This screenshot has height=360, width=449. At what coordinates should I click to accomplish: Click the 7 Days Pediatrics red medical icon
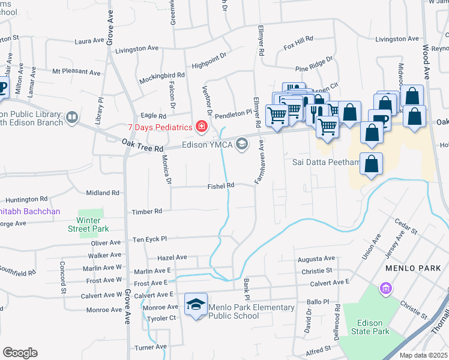(202, 127)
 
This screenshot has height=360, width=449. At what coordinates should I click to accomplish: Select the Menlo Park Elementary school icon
(195, 306)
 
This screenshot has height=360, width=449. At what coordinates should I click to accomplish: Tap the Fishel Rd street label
(220, 186)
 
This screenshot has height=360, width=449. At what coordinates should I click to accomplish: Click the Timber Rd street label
(148, 211)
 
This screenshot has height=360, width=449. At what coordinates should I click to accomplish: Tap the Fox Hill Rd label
(299, 39)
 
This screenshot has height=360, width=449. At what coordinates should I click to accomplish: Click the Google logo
(20, 352)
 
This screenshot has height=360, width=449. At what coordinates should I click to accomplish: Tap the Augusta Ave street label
(316, 259)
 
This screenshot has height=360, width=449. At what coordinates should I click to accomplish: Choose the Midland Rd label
(103, 193)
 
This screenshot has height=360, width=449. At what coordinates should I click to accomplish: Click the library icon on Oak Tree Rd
(72, 117)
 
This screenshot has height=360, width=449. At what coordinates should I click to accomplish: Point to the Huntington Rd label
(26, 199)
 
